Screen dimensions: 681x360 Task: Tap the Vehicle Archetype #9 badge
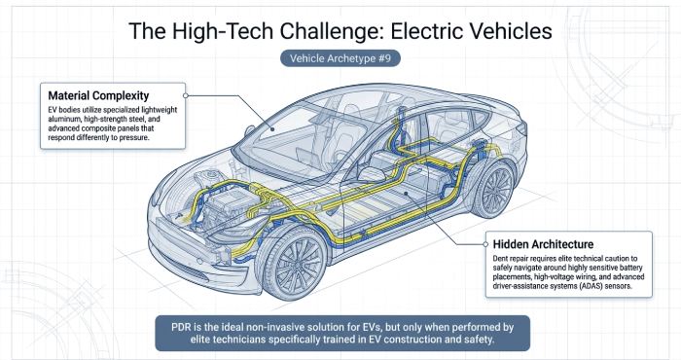[x=340, y=58]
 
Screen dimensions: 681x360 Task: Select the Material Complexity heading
[x=98, y=95]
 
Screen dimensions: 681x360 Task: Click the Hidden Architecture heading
[x=543, y=244]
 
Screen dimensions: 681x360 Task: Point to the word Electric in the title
[x=424, y=32]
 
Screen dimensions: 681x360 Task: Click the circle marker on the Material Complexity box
[x=186, y=95]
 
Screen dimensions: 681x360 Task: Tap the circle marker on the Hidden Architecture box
[x=485, y=244]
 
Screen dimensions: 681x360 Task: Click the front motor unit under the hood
[x=225, y=205]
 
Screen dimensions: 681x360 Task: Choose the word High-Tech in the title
[x=223, y=32]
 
